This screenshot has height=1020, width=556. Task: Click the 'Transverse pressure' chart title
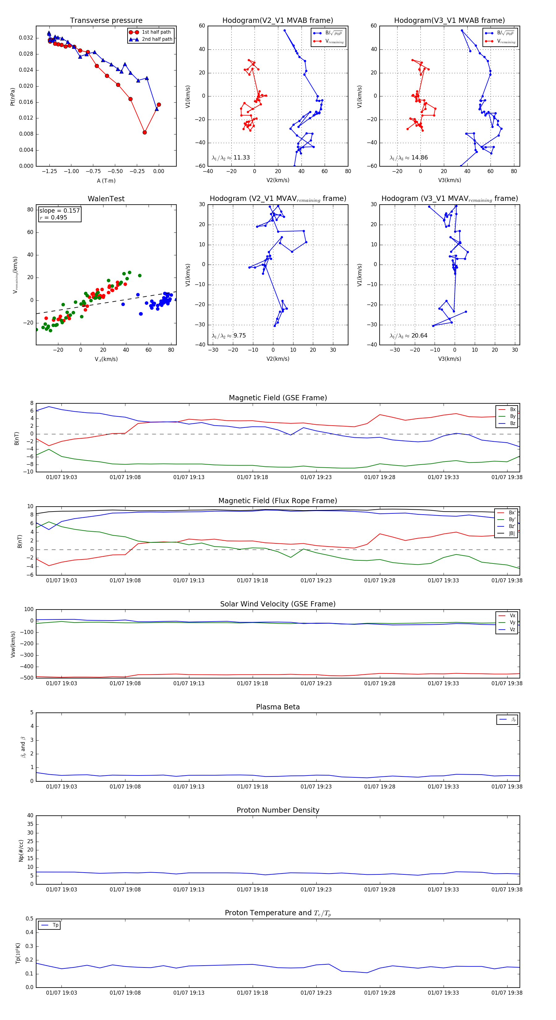106,21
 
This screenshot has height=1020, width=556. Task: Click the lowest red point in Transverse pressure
145,132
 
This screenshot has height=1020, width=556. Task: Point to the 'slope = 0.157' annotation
59,211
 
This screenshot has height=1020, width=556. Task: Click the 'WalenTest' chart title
106,199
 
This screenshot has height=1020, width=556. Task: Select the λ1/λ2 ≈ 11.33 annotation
231,158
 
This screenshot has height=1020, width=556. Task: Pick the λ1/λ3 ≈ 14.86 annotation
409,158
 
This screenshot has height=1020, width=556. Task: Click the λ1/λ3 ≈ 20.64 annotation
409,336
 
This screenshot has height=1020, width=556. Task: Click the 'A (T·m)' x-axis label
106,181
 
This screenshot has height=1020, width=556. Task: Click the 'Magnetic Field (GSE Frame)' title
278,398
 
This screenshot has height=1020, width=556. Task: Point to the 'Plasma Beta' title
278,707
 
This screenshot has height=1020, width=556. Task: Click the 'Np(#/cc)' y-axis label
21,851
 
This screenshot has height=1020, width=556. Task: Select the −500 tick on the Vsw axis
27,678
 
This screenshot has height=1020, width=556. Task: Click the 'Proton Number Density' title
278,810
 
